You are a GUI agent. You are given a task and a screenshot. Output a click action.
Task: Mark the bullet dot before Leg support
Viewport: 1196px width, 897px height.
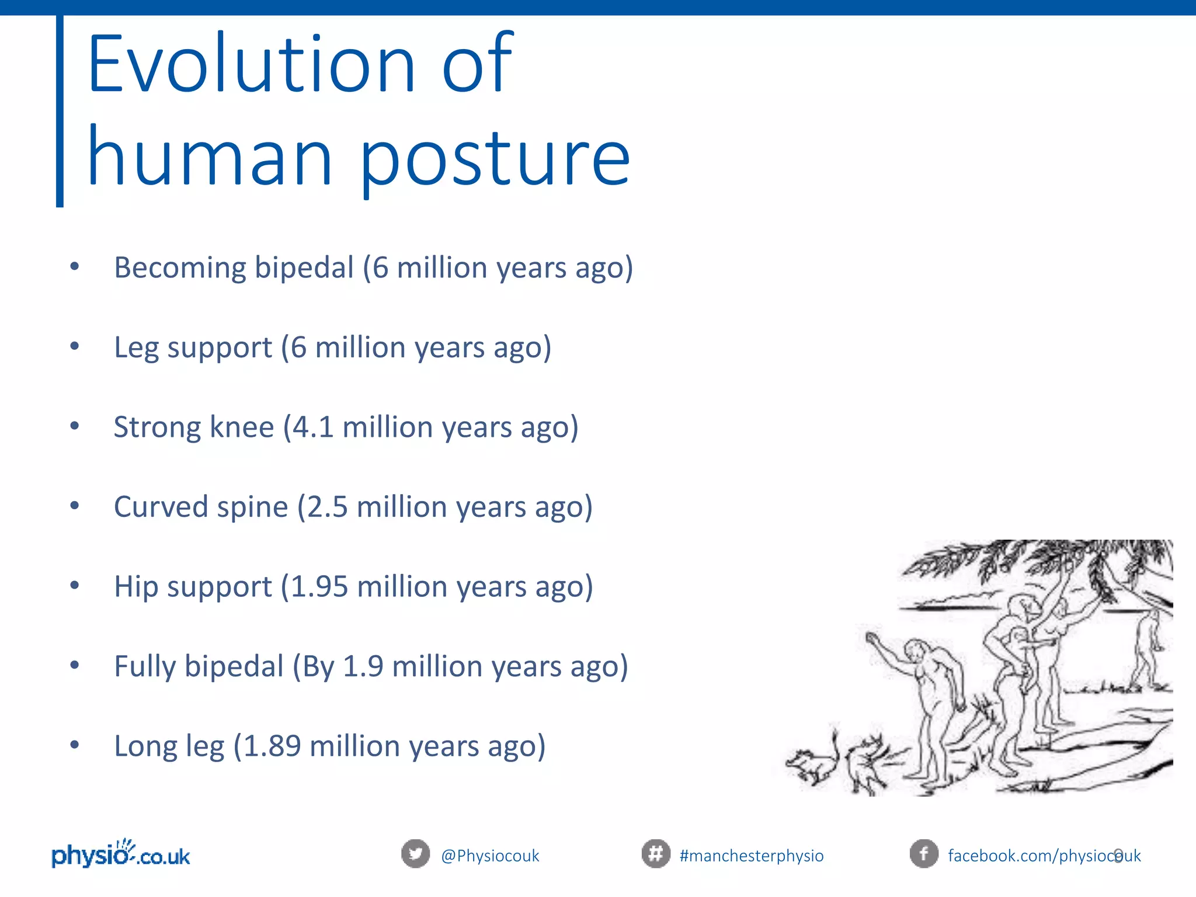[74, 346]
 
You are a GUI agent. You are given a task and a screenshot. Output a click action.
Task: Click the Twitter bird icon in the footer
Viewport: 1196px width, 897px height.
[415, 854]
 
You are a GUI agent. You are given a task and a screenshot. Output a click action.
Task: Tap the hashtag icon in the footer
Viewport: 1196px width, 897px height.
[656, 854]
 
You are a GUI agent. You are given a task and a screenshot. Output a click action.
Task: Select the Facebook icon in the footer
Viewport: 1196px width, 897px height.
[924, 854]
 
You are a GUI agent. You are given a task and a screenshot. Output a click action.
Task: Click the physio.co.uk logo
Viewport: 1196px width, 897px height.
[121, 853]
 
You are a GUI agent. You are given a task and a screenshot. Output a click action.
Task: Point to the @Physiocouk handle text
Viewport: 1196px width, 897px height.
[490, 856]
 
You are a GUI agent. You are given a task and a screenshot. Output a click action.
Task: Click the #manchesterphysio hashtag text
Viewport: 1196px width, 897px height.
[752, 856]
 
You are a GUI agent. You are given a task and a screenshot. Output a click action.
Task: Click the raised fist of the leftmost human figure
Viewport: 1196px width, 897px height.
[872, 638]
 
